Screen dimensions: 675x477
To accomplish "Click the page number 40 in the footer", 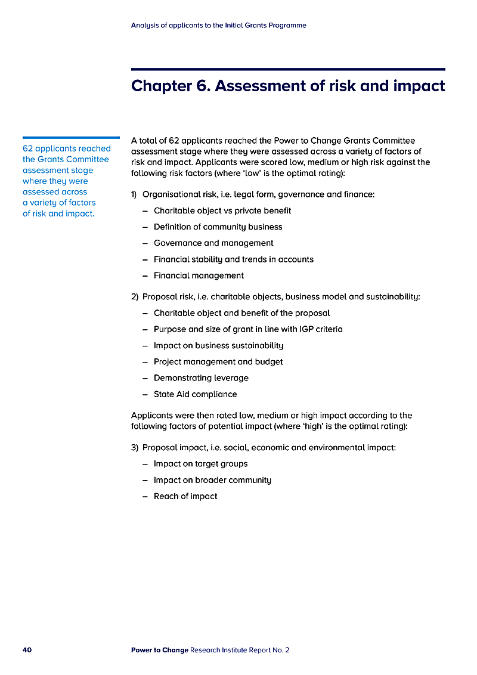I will pyautogui.click(x=27, y=650).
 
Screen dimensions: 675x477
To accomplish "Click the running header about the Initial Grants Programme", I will pyautogui.click(x=218, y=26).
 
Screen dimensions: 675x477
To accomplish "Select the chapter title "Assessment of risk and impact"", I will pyautogui.click(x=288, y=86).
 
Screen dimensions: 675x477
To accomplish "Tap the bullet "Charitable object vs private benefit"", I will pyautogui.click(x=222, y=210).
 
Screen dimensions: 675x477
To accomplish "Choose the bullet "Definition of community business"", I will pyautogui.click(x=218, y=227).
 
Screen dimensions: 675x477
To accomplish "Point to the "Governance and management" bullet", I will pyautogui.click(x=213, y=243).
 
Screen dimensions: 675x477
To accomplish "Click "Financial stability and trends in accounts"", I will pyautogui.click(x=233, y=259).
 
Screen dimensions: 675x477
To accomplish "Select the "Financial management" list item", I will pyautogui.click(x=199, y=275).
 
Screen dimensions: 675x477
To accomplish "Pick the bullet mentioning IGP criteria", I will pyautogui.click(x=248, y=329).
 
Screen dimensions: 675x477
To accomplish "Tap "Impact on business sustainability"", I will pyautogui.click(x=218, y=345).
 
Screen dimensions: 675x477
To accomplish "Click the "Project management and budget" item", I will pyautogui.click(x=218, y=361).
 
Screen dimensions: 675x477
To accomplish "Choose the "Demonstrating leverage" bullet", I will pyautogui.click(x=201, y=378).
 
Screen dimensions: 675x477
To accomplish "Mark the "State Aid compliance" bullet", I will pyautogui.click(x=195, y=394).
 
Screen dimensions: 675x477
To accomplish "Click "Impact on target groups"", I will pyautogui.click(x=200, y=464).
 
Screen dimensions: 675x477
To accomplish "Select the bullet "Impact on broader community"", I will pyautogui.click(x=212, y=480).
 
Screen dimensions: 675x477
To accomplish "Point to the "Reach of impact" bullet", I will pyautogui.click(x=185, y=496).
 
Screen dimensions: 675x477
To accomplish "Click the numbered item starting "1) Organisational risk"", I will pyautogui.click(x=253, y=194).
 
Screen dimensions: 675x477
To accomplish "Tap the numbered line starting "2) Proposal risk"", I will pyautogui.click(x=275, y=296).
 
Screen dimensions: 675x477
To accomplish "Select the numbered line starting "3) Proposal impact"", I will pyautogui.click(x=263, y=447).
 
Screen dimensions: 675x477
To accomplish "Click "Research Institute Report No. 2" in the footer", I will pyautogui.click(x=240, y=650).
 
